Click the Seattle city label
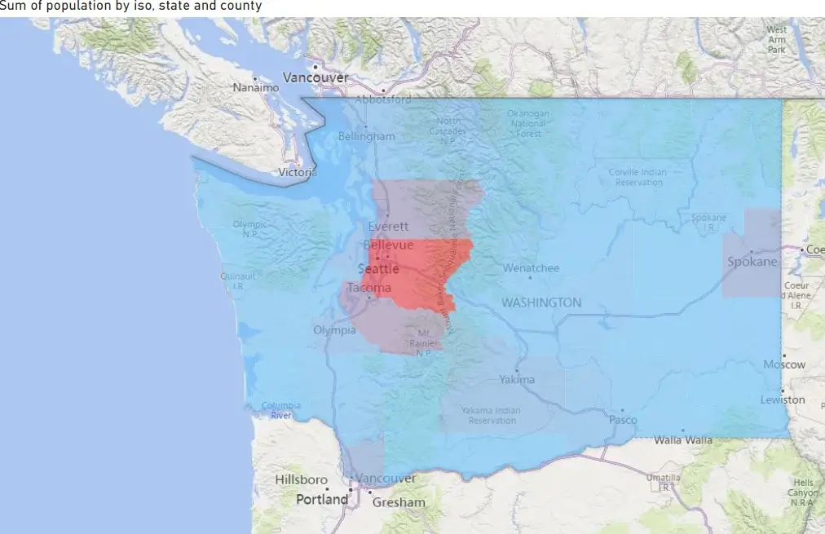[379, 269]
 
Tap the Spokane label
[753, 263]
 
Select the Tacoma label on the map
[369, 288]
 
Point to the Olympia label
[334, 330]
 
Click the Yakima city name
[517, 379]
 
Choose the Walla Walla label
[682, 440]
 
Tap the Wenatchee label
[531, 267]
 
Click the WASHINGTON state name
[541, 302]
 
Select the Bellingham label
[366, 136]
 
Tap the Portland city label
[321, 499]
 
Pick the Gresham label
[399, 502]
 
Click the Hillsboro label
[301, 479]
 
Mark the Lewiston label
[783, 399]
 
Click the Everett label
[388, 227]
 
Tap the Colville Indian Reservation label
[637, 177]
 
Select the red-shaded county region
[424, 273]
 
